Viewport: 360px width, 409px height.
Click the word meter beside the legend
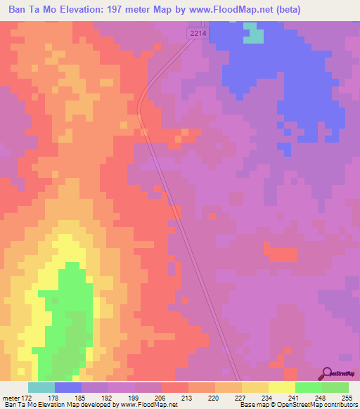point(11,397)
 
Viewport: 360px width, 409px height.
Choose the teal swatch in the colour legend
point(41,387)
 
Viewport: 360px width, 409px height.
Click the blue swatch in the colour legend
point(67,387)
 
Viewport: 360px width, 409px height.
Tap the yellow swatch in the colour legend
point(281,387)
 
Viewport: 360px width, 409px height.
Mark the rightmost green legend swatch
point(335,387)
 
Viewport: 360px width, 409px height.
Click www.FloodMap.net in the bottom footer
point(146,405)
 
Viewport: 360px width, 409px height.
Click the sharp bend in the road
point(140,105)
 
